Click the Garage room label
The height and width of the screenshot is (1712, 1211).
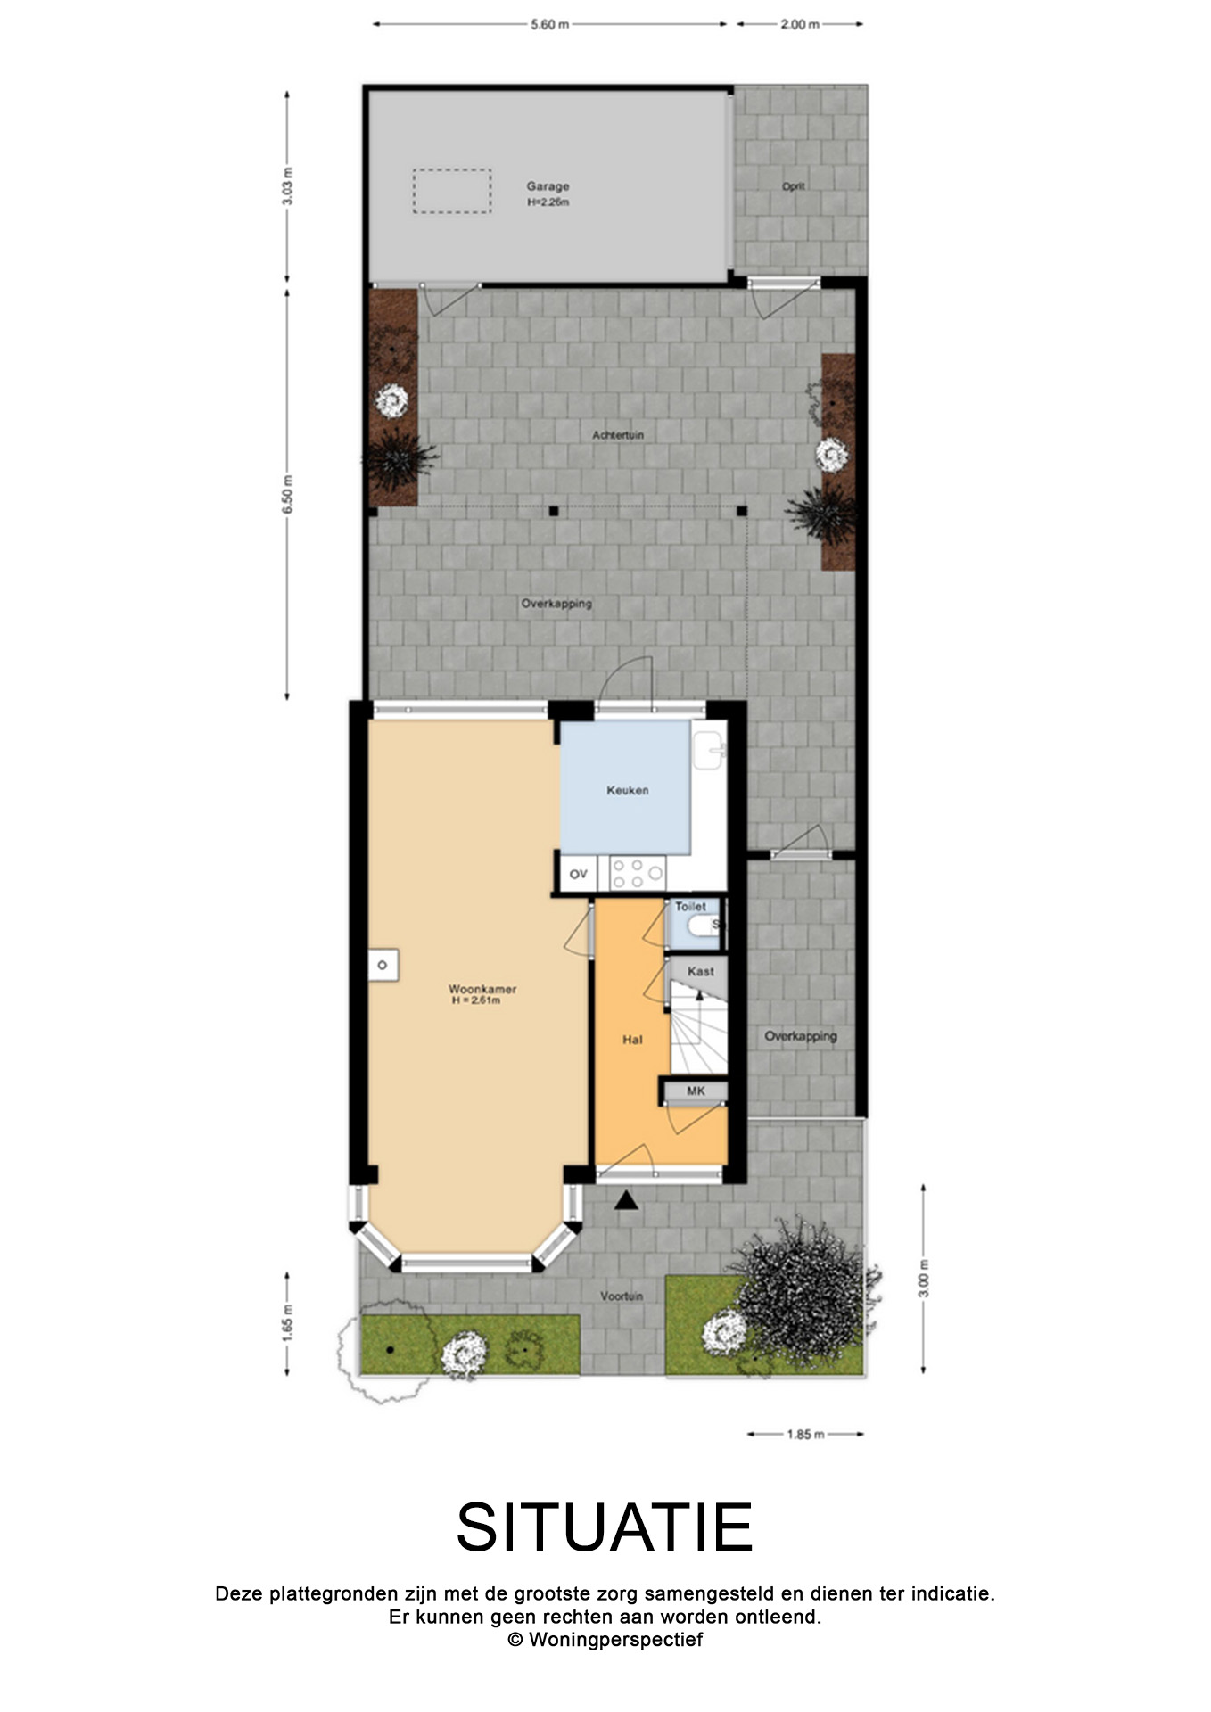point(548,187)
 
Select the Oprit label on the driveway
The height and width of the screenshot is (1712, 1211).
point(794,186)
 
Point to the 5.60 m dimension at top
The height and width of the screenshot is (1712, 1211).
point(549,25)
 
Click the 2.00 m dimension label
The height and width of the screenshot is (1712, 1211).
point(800,25)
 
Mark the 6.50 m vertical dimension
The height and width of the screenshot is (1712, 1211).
point(287,494)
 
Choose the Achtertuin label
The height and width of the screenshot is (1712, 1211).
point(618,435)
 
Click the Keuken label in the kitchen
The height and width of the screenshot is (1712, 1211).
point(628,790)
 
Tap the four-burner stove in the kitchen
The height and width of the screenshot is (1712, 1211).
point(637,873)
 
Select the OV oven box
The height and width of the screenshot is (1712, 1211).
point(579,874)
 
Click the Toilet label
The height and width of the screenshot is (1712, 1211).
point(690,906)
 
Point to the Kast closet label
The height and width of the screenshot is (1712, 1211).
point(701,971)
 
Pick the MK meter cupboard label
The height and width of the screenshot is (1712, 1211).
point(696,1091)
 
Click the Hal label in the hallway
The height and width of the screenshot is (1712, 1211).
point(632,1040)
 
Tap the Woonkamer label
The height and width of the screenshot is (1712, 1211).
point(482,990)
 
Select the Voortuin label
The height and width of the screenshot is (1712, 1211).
point(622,1296)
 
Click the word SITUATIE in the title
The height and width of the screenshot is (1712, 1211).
point(605,1527)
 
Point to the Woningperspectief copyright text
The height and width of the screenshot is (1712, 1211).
point(605,1639)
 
